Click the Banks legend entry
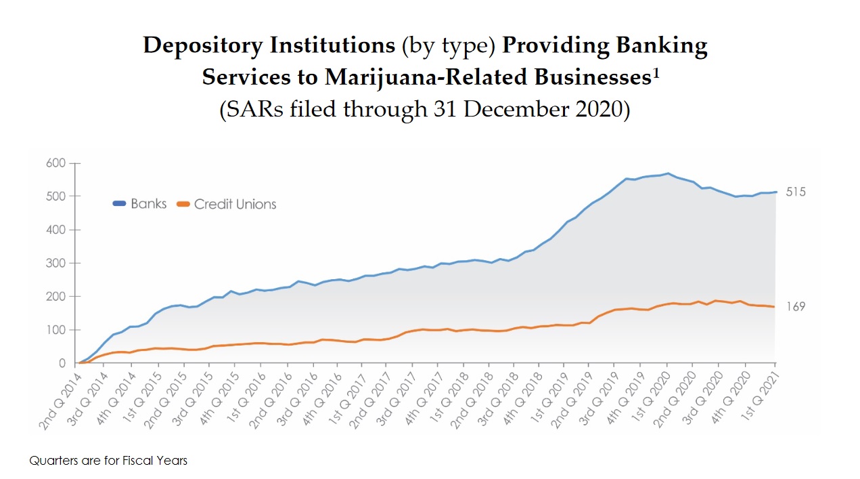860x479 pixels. [x=140, y=203]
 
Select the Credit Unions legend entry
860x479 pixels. [x=227, y=204]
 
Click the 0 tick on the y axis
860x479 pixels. [x=61, y=364]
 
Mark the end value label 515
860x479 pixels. [x=796, y=192]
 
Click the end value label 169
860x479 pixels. [x=796, y=307]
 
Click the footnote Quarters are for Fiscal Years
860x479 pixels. [x=108, y=461]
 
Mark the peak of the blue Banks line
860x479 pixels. [x=668, y=173]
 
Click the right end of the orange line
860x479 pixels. [x=774, y=307]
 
